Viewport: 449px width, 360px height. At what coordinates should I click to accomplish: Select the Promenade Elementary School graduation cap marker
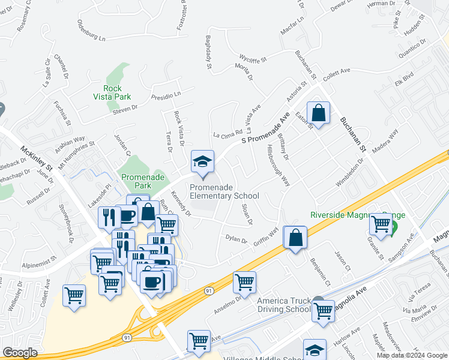point(202,161)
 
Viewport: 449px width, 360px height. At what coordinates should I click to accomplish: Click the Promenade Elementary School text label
point(224,191)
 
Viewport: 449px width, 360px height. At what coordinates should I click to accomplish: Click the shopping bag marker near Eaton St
point(318,113)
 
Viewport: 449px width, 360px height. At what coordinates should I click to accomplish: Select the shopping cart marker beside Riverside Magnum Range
point(381,224)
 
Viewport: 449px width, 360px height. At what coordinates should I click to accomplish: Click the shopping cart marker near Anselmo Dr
point(244,282)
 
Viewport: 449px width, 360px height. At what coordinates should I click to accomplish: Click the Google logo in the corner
point(20,353)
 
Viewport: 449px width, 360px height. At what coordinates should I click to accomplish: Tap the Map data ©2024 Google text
point(412,355)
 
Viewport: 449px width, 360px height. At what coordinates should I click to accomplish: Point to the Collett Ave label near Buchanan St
point(336,74)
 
